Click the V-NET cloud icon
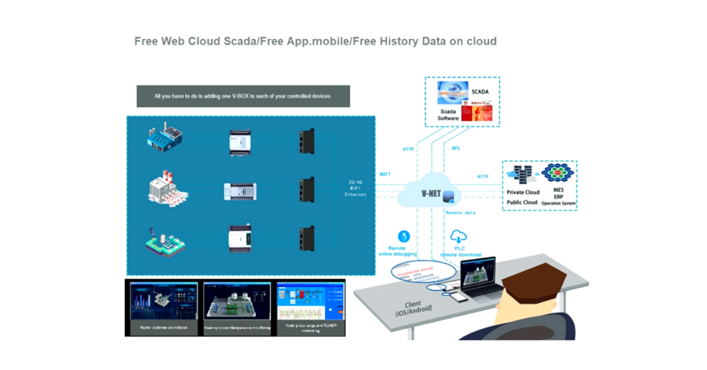point(428,190)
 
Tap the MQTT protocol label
point(385,174)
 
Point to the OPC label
point(455,148)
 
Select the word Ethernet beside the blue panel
point(355,194)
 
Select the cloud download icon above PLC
point(459,237)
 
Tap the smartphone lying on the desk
point(460,297)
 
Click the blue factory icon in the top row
point(165,137)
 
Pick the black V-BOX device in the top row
point(306,141)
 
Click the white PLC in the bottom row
point(240,237)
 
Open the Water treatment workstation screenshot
point(164,307)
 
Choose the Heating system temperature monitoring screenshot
point(237,307)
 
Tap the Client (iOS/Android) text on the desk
point(412,307)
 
